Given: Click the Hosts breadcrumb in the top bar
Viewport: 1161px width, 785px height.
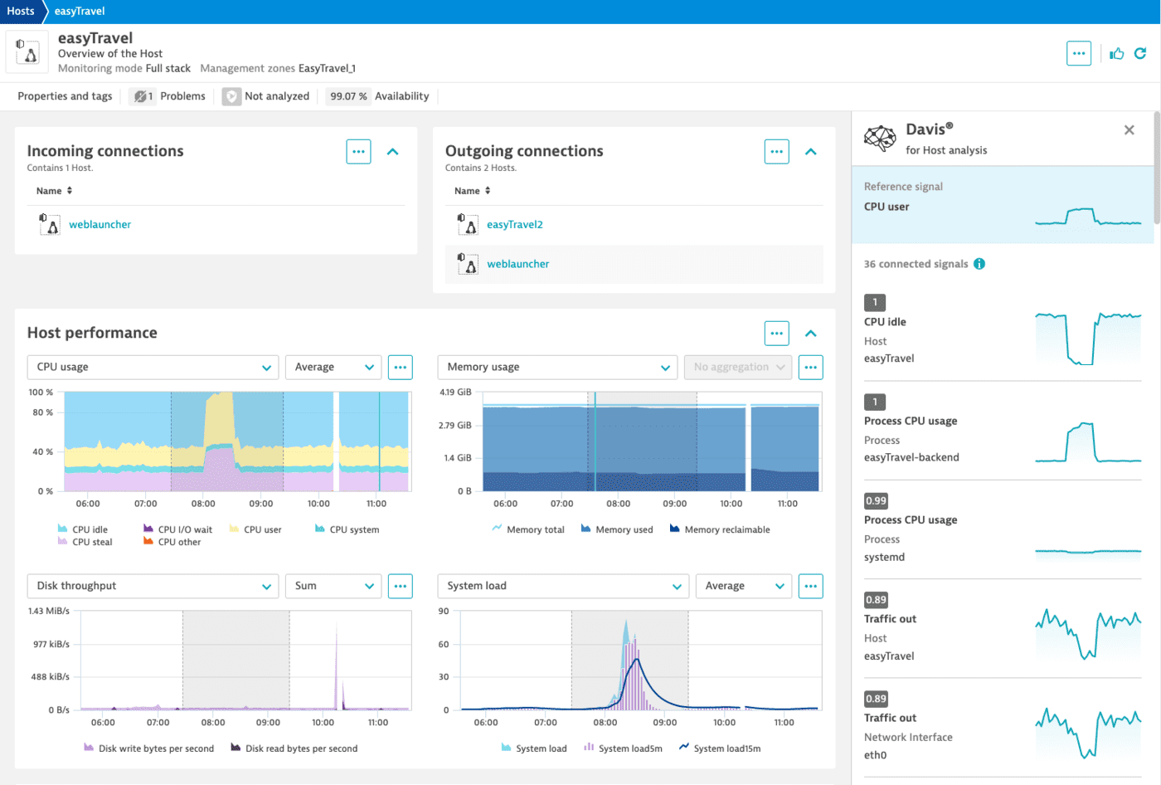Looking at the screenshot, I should click(21, 11).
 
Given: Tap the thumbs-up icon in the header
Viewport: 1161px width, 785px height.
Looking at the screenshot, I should click(1117, 54).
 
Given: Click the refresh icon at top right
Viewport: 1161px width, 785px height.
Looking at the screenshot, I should click(1140, 54).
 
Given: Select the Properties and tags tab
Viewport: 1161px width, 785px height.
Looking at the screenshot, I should click(65, 96).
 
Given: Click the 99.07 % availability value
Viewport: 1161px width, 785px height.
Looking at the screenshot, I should click(348, 96).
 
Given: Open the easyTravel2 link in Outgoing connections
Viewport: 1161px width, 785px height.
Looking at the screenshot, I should click(514, 225).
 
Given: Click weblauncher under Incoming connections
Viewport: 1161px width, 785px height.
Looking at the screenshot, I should click(100, 225).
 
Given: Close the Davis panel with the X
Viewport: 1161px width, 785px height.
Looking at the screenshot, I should click(1129, 130).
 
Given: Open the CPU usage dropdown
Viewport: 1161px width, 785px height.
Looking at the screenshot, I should click(153, 368).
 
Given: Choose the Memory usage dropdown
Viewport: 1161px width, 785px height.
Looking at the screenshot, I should click(556, 368).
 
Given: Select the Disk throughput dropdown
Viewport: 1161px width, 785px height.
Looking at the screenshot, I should click(153, 586).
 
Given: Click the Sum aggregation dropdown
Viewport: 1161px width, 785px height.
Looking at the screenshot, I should click(333, 586).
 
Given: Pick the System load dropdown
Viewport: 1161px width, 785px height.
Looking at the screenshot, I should click(563, 586).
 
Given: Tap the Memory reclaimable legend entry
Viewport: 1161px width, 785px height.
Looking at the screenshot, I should click(726, 529).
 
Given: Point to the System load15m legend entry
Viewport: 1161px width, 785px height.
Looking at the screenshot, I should click(726, 748).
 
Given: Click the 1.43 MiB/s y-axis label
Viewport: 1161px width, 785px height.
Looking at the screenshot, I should click(49, 611).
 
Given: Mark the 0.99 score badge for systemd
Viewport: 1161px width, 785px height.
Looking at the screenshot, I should click(876, 500).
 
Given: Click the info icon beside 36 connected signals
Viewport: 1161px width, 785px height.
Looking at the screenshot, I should click(979, 264).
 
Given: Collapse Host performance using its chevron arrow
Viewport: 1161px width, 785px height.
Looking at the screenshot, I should click(811, 334).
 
